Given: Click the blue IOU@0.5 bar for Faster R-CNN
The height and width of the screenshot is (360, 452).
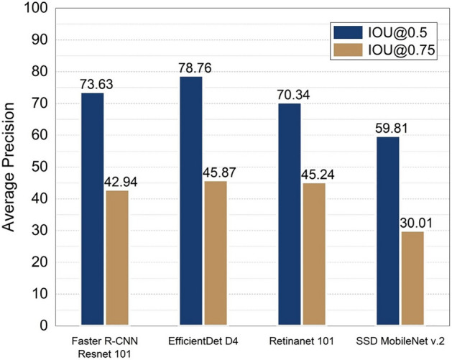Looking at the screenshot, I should click(x=92, y=209).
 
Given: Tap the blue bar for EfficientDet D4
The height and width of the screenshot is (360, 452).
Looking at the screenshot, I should click(x=190, y=200).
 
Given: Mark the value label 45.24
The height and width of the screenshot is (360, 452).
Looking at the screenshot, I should click(x=317, y=175).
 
